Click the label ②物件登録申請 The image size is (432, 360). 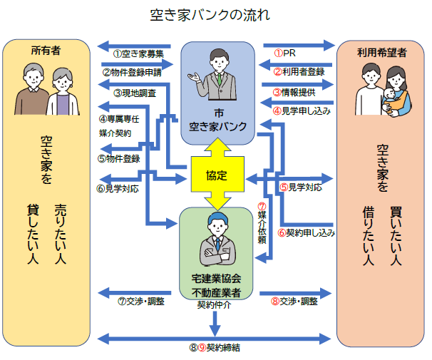142,72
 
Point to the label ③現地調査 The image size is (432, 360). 135,92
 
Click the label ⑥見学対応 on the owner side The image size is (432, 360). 118,189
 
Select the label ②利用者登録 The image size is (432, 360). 299,71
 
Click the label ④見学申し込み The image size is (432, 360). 302,111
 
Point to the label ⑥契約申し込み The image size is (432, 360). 307,232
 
